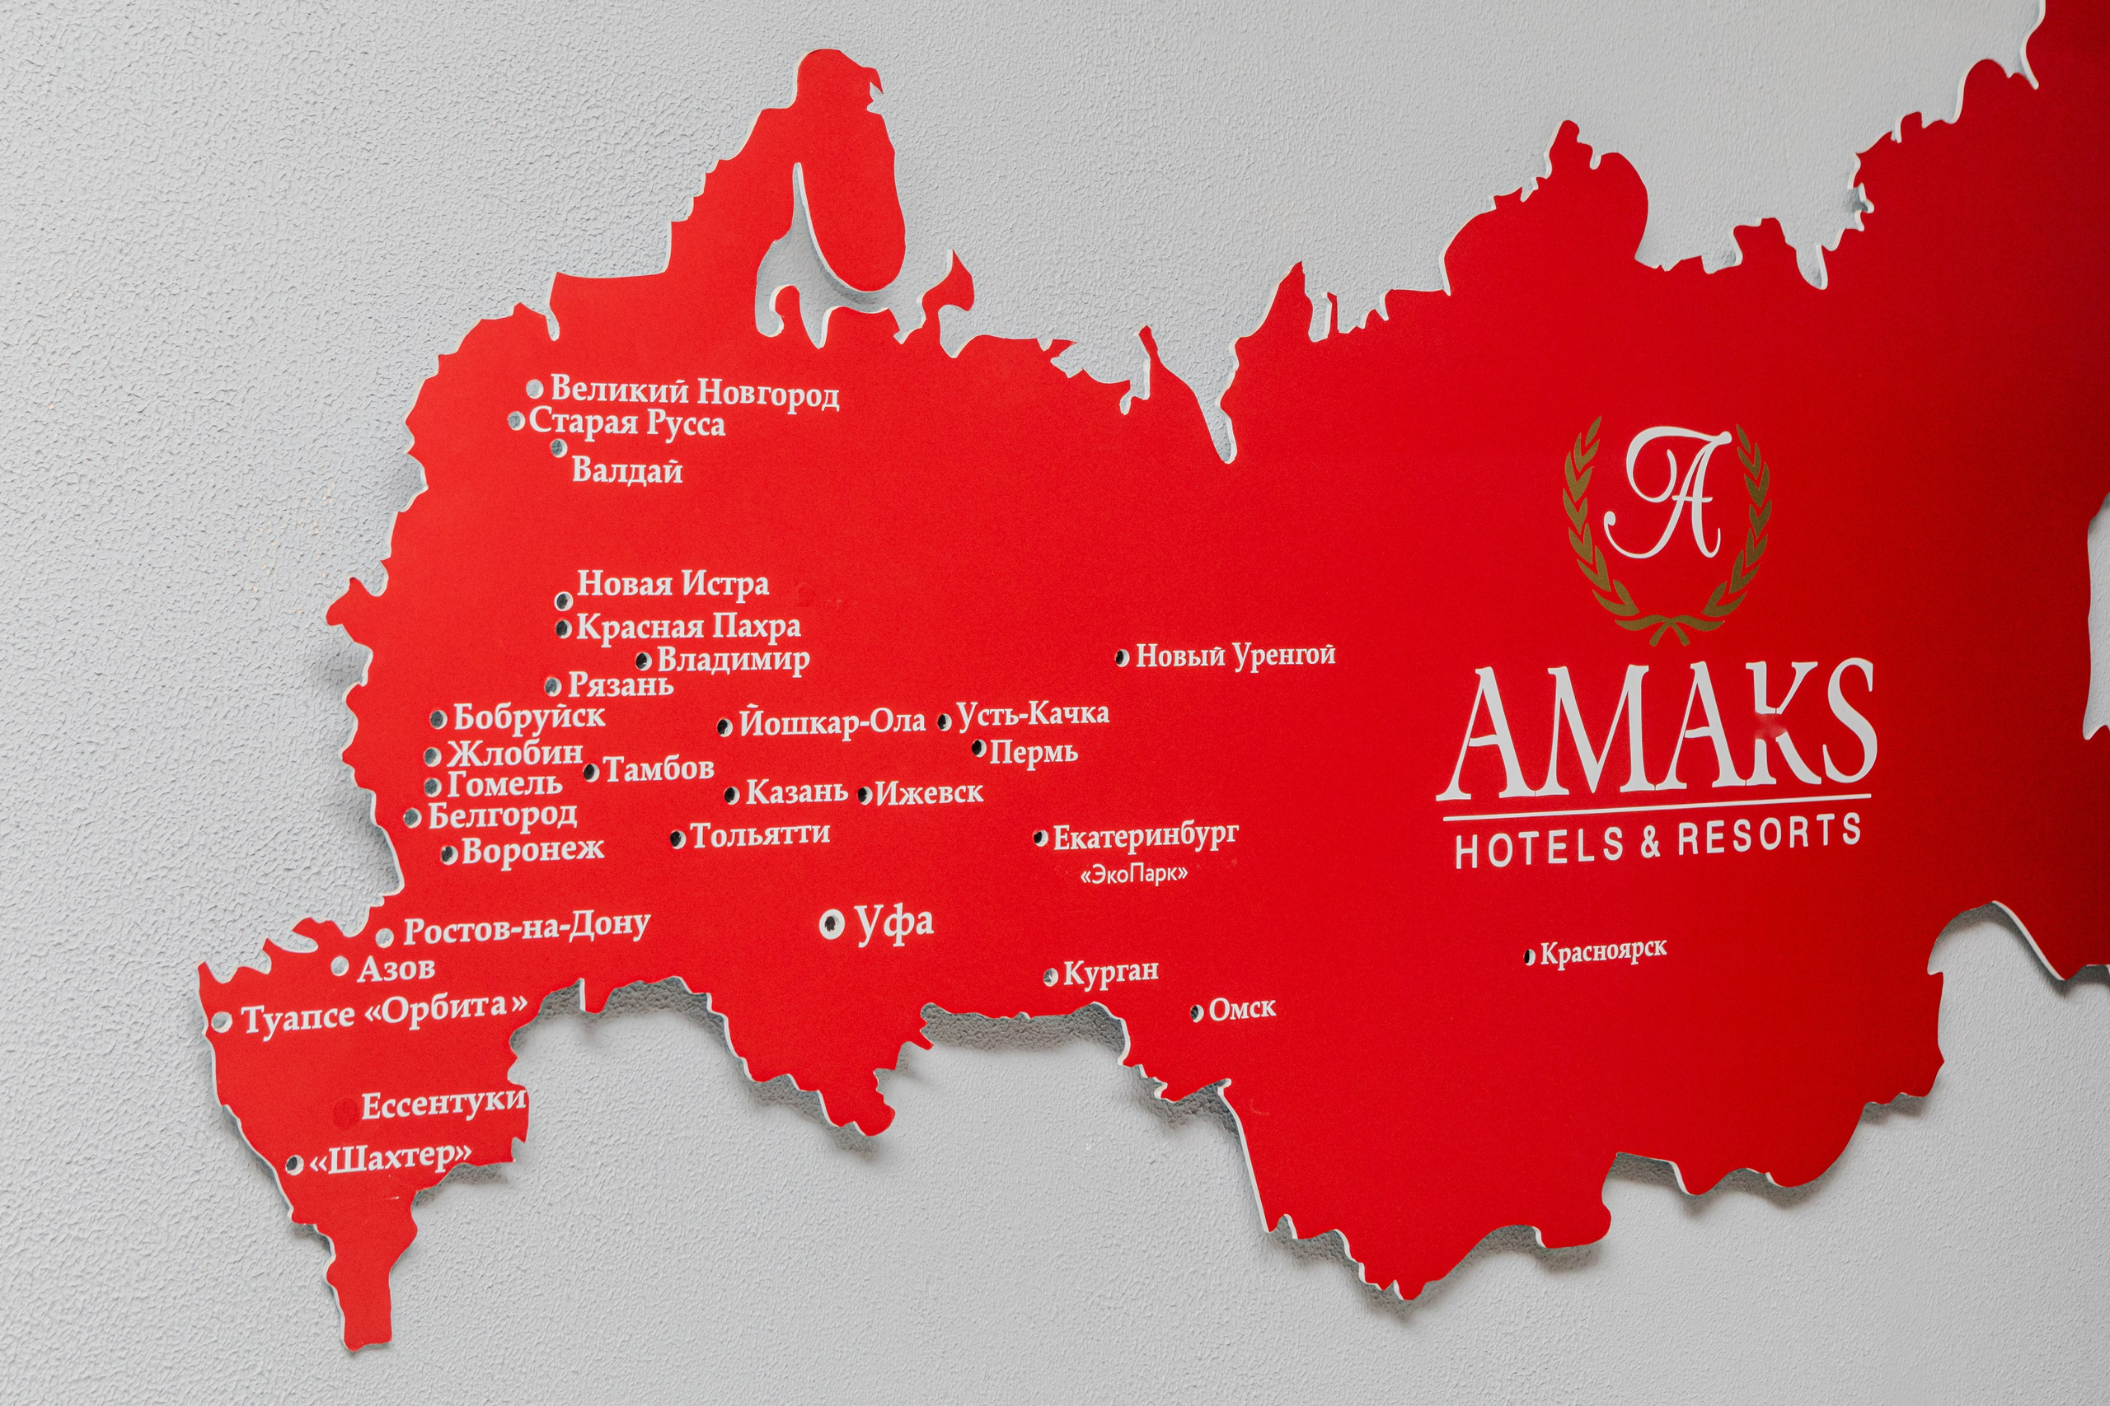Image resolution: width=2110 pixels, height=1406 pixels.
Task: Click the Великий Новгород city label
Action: tap(694, 393)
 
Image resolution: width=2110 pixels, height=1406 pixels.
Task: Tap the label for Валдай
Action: tap(627, 469)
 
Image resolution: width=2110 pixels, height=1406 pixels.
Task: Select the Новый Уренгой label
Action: tap(1236, 656)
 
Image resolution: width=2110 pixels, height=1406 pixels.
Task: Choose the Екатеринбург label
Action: tap(1145, 836)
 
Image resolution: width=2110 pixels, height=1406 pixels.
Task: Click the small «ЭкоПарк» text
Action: tap(1135, 873)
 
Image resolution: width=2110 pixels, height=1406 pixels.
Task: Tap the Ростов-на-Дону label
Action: tap(527, 928)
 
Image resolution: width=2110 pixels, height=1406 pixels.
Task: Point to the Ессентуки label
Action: tap(443, 1103)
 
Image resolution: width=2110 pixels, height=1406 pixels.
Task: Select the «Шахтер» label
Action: tap(390, 1160)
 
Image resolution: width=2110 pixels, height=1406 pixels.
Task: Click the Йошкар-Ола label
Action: tap(832, 722)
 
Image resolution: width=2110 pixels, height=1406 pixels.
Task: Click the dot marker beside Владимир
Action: tap(643, 661)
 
